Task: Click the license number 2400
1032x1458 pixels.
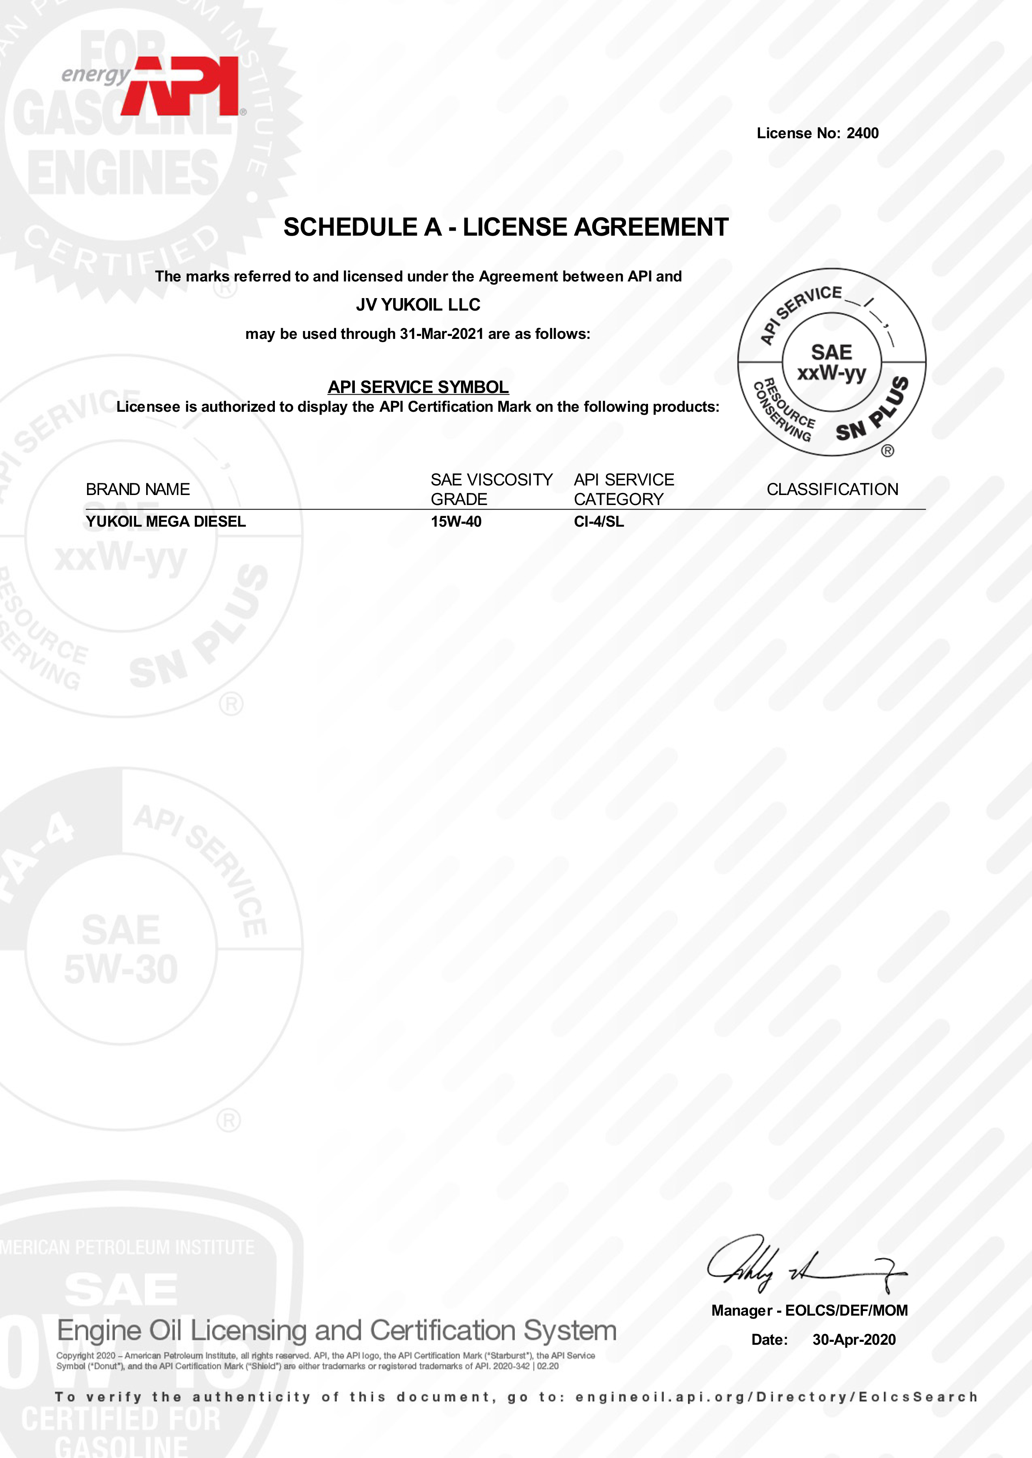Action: click(x=862, y=133)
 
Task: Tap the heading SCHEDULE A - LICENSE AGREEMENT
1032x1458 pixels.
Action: click(x=506, y=227)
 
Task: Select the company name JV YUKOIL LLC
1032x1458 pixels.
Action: click(x=418, y=305)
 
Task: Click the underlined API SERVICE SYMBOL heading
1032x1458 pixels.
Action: click(x=418, y=387)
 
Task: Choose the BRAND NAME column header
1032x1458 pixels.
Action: click(x=138, y=489)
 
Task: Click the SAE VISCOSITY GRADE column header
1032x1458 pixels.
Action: click(x=491, y=489)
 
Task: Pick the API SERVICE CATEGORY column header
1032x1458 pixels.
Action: click(x=623, y=489)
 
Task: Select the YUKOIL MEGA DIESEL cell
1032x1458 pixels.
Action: click(x=166, y=522)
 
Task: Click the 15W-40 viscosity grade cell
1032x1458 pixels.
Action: click(x=456, y=522)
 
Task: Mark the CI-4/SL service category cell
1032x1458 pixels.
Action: click(x=598, y=522)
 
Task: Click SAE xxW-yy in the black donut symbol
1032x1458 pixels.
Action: click(x=831, y=362)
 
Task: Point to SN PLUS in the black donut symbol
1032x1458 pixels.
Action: click(x=872, y=410)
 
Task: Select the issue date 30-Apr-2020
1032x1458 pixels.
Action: click(x=854, y=1339)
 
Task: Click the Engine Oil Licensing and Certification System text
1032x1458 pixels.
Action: click(x=337, y=1330)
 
